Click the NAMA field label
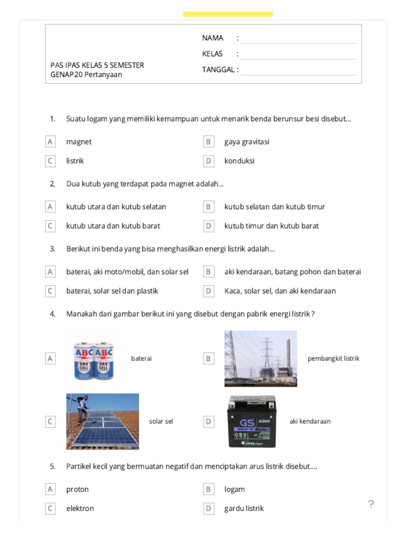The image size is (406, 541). click(x=213, y=38)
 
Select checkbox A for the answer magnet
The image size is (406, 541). click(x=50, y=142)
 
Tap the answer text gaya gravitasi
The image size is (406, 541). click(x=246, y=142)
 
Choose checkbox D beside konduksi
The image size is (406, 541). click(x=208, y=161)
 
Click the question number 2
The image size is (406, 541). click(x=52, y=184)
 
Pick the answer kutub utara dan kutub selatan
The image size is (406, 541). click(x=116, y=207)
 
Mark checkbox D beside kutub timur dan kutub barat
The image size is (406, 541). click(x=208, y=226)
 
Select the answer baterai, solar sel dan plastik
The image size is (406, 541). click(x=112, y=291)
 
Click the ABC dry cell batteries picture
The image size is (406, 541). click(x=94, y=358)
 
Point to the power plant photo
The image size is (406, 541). click(x=261, y=358)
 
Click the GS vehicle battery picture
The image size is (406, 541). click(x=252, y=421)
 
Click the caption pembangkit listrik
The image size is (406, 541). click(x=333, y=358)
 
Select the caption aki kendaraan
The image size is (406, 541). click(x=310, y=421)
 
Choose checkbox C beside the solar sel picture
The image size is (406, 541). click(x=50, y=422)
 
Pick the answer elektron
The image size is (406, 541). click(x=80, y=508)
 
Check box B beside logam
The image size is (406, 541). click(x=208, y=489)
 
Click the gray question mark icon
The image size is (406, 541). click(x=371, y=505)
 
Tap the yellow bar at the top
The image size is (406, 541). click(x=228, y=14)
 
